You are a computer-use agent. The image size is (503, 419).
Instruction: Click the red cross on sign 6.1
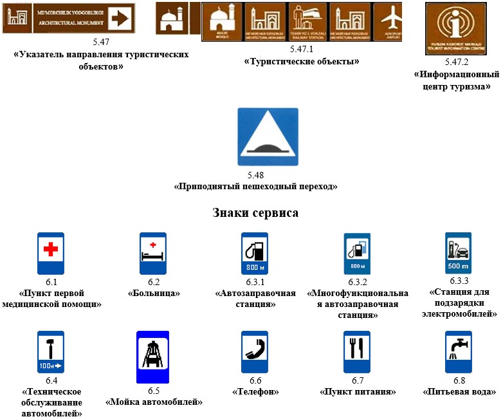tap(50, 249)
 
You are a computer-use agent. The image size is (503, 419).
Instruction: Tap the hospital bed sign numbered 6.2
tap(153, 254)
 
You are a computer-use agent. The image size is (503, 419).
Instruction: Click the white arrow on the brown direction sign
tap(120, 18)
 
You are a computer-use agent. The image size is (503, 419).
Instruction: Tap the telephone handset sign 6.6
tap(254, 351)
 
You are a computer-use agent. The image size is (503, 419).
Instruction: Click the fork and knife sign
tap(356, 351)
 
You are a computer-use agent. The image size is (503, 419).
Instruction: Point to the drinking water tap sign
tap(459, 351)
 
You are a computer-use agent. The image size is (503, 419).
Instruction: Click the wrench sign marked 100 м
tap(50, 352)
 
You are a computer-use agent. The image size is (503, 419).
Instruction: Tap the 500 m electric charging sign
tap(459, 254)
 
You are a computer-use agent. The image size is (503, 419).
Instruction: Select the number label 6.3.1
tap(255, 282)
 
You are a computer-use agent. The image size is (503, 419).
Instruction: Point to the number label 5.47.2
tap(457, 62)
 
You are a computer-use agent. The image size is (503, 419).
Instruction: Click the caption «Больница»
tap(153, 293)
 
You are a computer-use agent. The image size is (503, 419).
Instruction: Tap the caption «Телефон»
tap(255, 391)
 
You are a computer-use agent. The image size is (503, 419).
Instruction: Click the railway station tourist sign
tap(307, 21)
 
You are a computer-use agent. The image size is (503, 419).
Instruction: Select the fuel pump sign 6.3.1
tap(255, 254)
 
